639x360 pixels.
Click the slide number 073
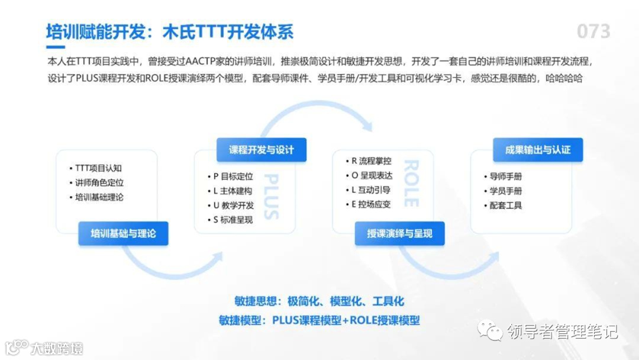(593, 31)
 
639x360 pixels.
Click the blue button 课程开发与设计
(261, 150)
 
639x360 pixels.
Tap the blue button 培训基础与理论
(123, 233)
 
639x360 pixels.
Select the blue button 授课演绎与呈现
(399, 233)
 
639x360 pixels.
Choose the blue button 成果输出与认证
(538, 150)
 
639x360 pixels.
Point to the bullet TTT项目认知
(98, 168)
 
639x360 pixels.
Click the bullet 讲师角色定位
(99, 183)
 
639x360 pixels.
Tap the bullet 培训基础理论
(99, 197)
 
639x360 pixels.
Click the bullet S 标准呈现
(233, 220)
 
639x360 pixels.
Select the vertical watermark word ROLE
(410, 183)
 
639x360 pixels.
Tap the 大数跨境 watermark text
(57, 348)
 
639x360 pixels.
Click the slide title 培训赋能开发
(96, 31)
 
